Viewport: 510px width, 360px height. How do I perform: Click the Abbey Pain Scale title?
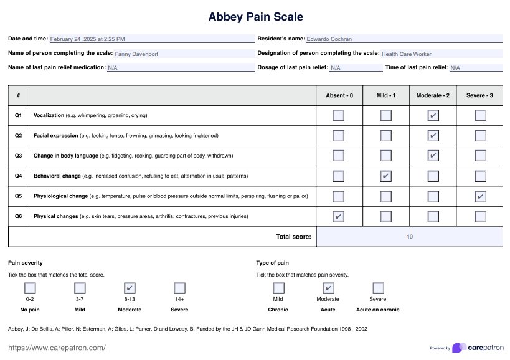[255, 17]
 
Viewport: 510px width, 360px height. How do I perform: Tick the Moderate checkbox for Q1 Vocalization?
[433, 115]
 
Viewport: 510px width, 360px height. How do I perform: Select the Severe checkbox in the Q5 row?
[480, 197]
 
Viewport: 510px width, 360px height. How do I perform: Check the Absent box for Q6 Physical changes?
[338, 217]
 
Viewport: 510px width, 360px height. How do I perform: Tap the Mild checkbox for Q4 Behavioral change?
[386, 176]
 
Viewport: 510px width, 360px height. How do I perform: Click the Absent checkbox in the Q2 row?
[338, 136]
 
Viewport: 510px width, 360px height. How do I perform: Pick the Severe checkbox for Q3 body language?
[480, 156]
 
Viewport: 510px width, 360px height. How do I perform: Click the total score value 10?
[409, 237]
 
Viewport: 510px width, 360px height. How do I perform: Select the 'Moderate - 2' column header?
[433, 95]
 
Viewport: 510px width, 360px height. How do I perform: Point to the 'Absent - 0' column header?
[339, 95]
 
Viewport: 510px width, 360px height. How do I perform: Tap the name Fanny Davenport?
[136, 54]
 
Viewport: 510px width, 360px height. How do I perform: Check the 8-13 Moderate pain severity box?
[130, 288]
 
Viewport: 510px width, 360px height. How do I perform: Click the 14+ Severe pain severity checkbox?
[179, 288]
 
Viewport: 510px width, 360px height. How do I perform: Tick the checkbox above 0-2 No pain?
[30, 288]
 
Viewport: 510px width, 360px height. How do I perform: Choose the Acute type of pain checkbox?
[328, 288]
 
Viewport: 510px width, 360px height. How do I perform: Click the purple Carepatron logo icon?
[459, 348]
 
